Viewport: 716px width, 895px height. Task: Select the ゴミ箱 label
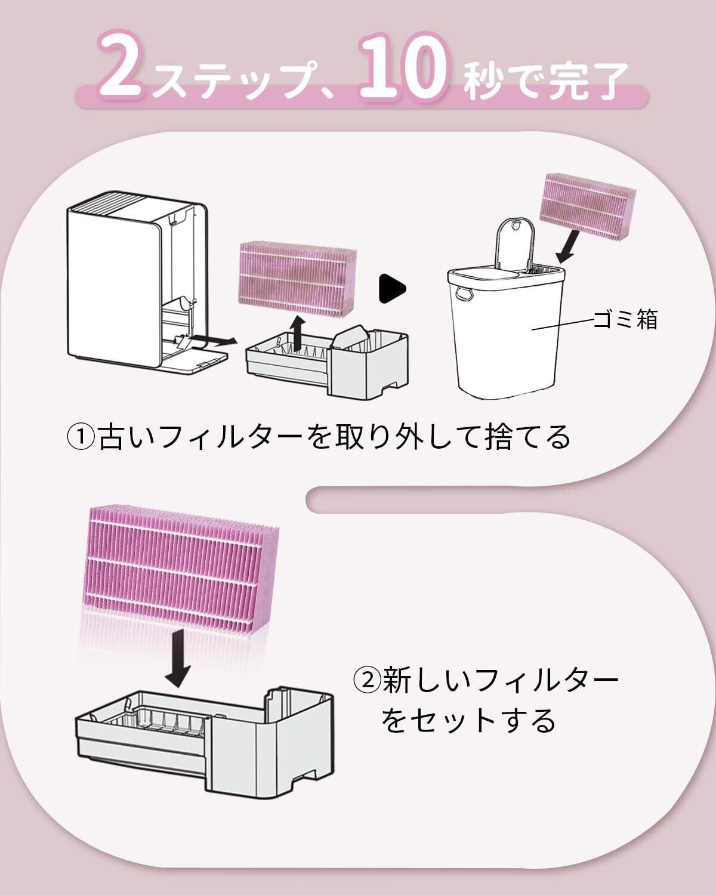625,320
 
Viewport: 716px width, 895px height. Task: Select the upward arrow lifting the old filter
298,332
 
